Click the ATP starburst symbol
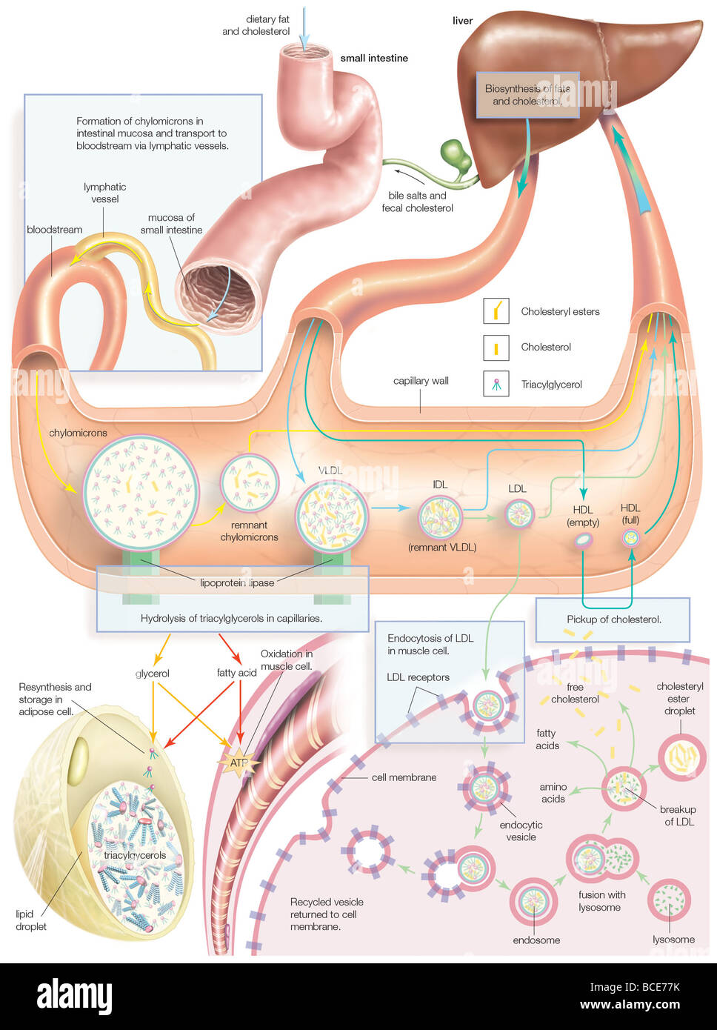[239, 762]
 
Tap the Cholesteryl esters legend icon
[496, 310]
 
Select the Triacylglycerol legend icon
[496, 383]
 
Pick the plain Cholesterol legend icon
[496, 346]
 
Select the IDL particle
[440, 517]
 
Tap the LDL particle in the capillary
[519, 514]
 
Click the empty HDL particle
[584, 541]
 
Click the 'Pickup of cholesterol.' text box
[613, 619]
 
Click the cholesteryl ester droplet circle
[681, 757]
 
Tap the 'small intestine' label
[374, 58]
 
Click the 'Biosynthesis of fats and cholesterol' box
[527, 94]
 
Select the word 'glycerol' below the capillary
[153, 674]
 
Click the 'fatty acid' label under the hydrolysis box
[236, 674]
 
